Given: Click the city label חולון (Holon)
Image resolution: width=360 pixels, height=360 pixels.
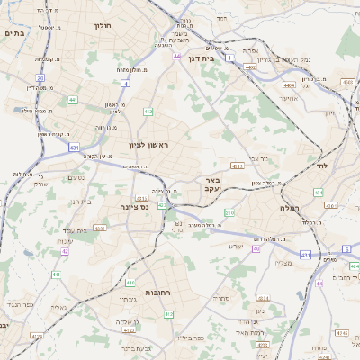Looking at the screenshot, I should click(x=101, y=26).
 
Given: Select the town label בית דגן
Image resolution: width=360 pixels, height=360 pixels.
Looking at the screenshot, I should click(x=202, y=58).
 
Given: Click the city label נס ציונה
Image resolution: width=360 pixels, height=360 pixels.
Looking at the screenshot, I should click(x=134, y=206).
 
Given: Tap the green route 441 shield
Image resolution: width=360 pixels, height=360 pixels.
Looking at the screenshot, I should click(x=73, y=100).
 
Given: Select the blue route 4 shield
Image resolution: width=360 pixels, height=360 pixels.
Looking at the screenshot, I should click(x=126, y=84).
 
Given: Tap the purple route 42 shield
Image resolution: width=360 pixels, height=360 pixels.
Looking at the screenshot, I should click(x=65, y=251).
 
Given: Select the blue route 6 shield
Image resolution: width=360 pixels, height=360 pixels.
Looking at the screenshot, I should click(x=346, y=248).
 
